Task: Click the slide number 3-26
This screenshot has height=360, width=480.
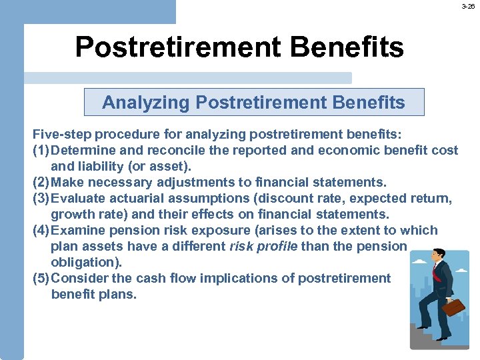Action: [469, 6]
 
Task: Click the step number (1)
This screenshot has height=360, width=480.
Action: [41, 150]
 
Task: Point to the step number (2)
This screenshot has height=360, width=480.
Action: [41, 182]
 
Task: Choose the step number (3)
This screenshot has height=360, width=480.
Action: [41, 198]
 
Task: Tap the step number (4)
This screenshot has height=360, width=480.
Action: [41, 230]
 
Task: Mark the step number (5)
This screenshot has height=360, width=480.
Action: [41, 278]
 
